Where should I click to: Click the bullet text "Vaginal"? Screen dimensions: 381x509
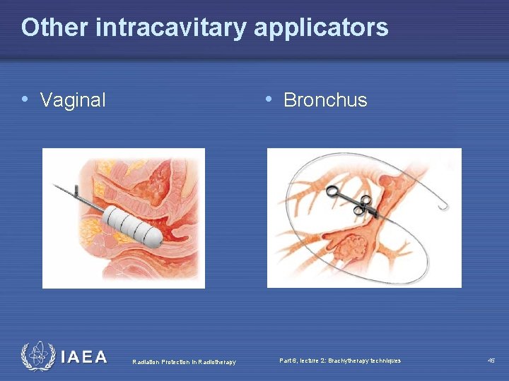pos(73,100)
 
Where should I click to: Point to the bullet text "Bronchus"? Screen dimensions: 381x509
pos(325,100)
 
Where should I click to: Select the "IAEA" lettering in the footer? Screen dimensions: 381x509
pos(84,357)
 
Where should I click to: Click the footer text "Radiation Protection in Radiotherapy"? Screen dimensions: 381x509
pos(184,362)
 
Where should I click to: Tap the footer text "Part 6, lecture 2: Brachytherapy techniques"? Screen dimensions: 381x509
pos(340,361)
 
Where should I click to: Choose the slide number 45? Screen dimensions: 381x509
pos(491,361)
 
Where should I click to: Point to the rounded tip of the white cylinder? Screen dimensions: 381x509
pos(158,241)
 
